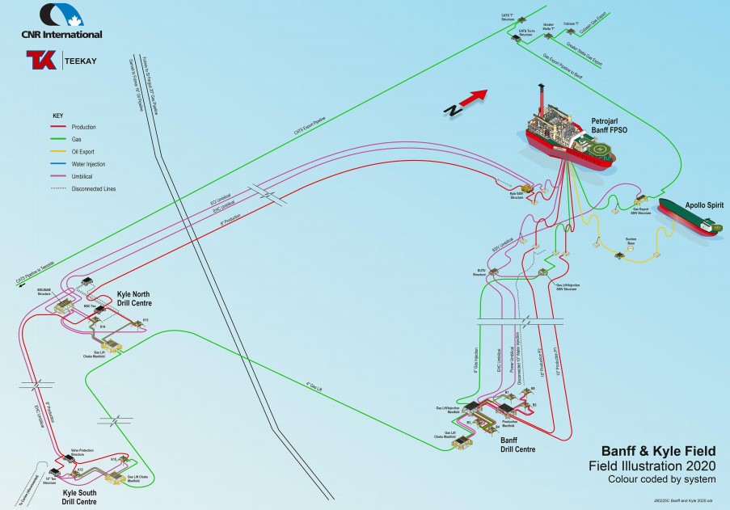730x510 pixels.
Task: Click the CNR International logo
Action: [61, 22]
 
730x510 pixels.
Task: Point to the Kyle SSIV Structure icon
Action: [530, 187]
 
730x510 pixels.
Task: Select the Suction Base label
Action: [631, 241]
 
